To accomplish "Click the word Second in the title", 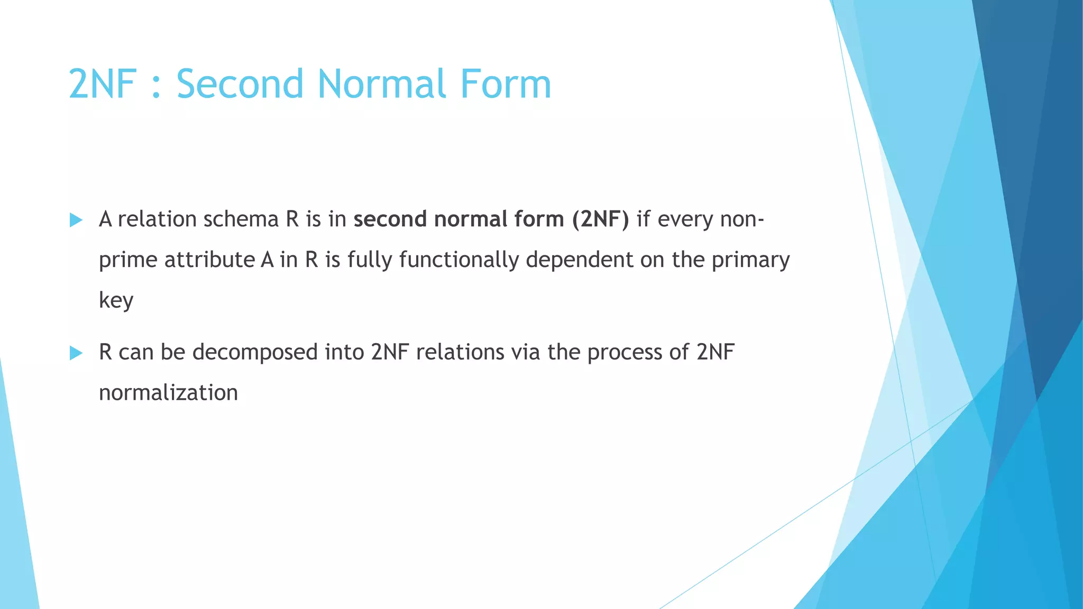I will (x=239, y=84).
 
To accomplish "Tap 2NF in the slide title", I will (x=102, y=84).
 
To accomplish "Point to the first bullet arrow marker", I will (x=76, y=220).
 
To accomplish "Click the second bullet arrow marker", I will (x=76, y=353).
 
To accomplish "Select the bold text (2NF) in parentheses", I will (x=600, y=219).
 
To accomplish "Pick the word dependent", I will (x=579, y=260).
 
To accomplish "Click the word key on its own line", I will (x=116, y=300).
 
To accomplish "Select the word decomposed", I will (x=254, y=352).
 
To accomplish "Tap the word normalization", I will (x=168, y=393).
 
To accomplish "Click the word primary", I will (x=750, y=260).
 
